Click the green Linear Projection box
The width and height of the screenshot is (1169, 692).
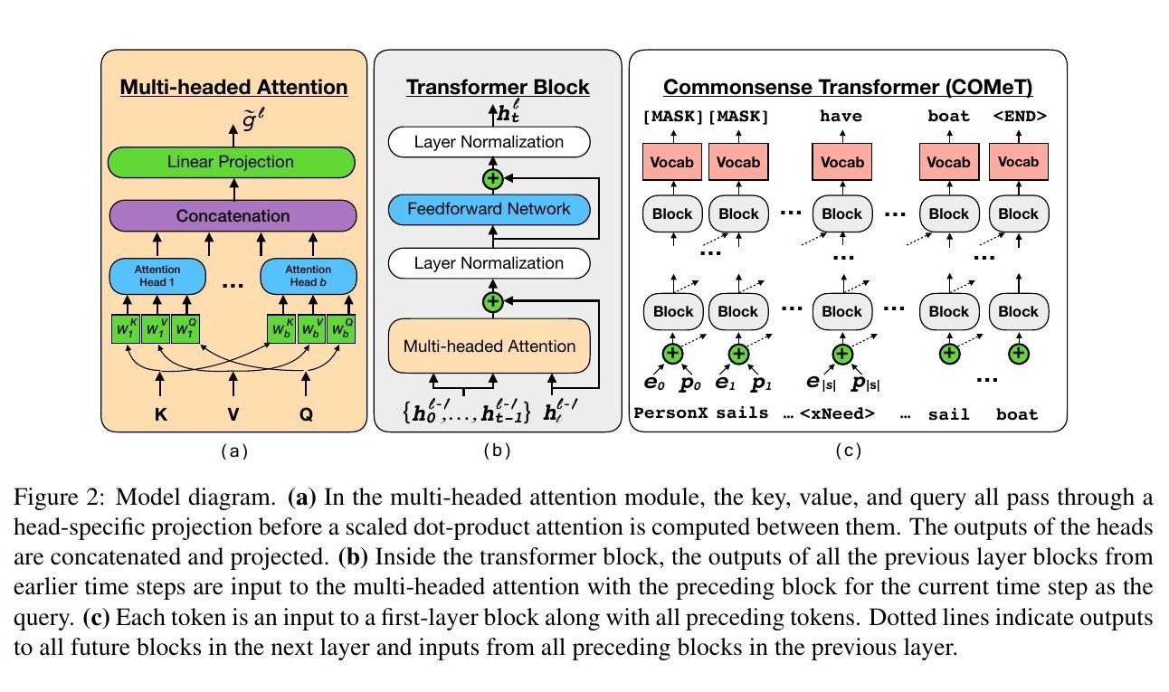coord(231,163)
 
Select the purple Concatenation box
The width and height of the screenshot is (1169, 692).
coord(233,216)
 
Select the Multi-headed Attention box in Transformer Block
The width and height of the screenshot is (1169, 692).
coord(489,346)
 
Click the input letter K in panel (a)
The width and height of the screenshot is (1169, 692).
coord(161,418)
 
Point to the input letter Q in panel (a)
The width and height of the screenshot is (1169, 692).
coord(308,418)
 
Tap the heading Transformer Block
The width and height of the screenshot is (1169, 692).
coord(498,88)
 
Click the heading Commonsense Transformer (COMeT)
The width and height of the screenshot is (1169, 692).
coord(848,88)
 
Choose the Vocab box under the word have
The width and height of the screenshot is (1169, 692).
coord(841,162)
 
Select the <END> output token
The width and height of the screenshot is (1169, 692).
coord(1019,116)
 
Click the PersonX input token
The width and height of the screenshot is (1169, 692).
coord(670,414)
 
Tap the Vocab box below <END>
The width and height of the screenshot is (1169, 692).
coord(1019,162)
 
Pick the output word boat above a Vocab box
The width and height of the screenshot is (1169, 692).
coord(948,116)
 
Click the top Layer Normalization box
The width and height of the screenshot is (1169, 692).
coord(489,142)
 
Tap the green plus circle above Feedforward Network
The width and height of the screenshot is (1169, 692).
coord(492,178)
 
